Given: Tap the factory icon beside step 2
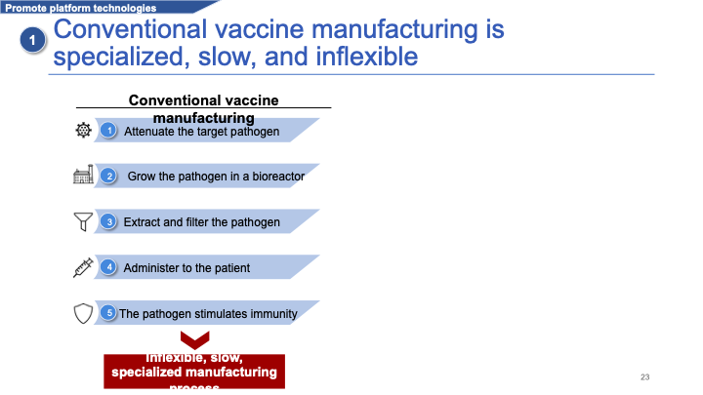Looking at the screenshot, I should (83, 176).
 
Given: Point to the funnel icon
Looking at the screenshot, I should (83, 221).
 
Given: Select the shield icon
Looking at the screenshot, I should (83, 313).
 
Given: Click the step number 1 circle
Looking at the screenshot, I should (110, 130).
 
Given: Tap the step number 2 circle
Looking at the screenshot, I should (110, 176).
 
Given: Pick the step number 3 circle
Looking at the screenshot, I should (110, 221).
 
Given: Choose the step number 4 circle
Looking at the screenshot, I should (110, 267).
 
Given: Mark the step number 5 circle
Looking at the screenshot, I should (110, 313).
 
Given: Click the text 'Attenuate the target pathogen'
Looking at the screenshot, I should (202, 131).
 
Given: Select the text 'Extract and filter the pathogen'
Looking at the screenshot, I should (202, 222).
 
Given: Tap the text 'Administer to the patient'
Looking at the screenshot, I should (186, 268).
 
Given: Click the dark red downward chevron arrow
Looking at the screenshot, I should (194, 340).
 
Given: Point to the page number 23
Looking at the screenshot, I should (644, 376).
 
